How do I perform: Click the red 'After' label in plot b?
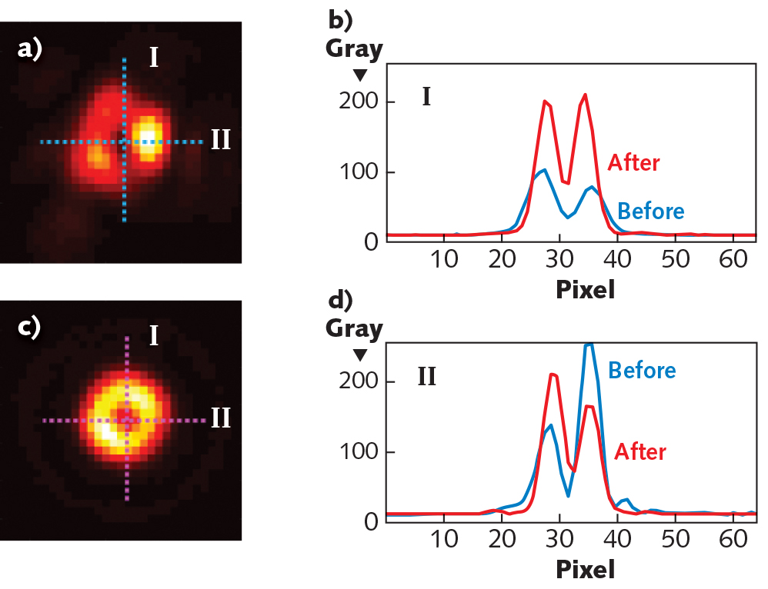[634, 162]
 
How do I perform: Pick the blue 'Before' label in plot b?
[651, 210]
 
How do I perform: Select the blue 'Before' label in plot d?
[642, 370]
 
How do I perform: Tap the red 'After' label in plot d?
[640, 451]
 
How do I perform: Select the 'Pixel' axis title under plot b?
[585, 289]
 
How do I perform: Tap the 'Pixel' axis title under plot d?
[585, 570]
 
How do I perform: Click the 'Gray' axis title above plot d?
[354, 329]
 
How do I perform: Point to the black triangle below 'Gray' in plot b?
[359, 75]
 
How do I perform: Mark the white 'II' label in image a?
[220, 141]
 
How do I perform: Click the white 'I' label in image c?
[154, 336]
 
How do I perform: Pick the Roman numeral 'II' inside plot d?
[428, 377]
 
